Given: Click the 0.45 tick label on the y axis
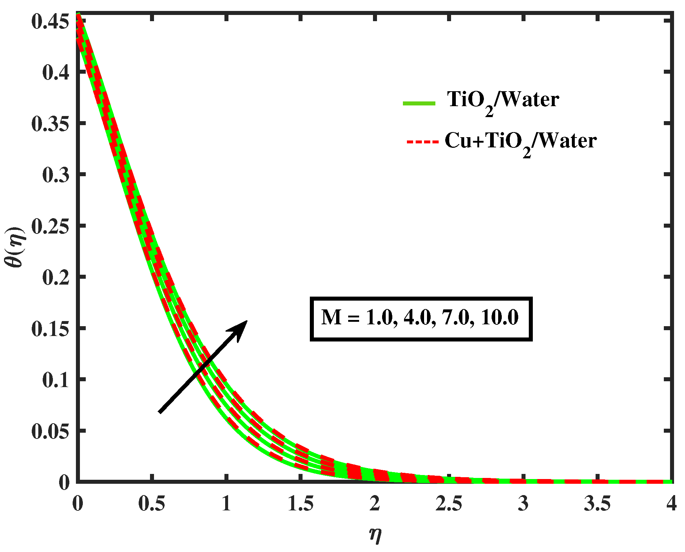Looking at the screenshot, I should tap(50, 22).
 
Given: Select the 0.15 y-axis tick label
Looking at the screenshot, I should tap(50, 329).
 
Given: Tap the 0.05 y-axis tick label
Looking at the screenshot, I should tap(50, 432).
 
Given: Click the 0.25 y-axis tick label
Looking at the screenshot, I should tap(50, 227).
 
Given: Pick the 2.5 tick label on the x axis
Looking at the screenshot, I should tap(449, 504).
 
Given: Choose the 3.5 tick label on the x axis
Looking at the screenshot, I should tap(597, 504).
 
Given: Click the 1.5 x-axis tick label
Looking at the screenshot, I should tap(300, 504).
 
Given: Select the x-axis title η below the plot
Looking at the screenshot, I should tap(375, 535).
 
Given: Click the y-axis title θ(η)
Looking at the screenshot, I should tap(16, 248).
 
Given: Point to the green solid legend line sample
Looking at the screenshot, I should tap(419, 103).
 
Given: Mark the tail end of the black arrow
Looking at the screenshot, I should tap(160, 412).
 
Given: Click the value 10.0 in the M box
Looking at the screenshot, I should tap(499, 317).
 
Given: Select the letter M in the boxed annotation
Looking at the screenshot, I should tap(331, 317).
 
